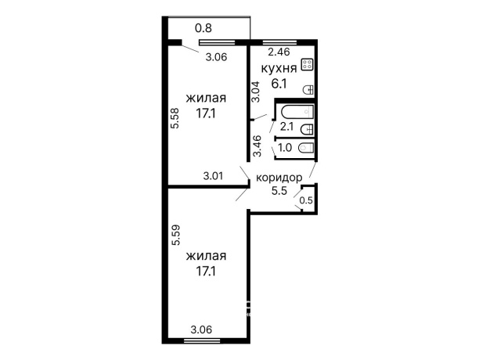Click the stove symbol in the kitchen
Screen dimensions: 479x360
tap(307, 64)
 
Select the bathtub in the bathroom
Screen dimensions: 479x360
tap(297, 112)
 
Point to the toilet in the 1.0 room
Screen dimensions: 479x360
tap(306, 148)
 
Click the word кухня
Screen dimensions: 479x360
tap(279, 68)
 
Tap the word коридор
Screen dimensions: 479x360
tap(279, 178)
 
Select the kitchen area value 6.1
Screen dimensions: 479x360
tap(279, 83)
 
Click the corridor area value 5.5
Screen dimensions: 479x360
tap(279, 191)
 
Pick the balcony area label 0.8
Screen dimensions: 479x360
tap(203, 28)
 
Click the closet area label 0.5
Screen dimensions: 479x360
tap(306, 200)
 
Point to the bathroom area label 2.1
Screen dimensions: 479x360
tap(286, 126)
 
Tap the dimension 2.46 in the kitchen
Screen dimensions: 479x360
tap(279, 52)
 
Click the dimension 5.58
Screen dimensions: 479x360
tap(175, 118)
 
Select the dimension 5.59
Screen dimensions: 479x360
tap(175, 235)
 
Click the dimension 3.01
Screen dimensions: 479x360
tap(213, 176)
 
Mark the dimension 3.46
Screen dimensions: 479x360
tap(258, 146)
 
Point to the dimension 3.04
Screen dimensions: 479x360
tap(255, 92)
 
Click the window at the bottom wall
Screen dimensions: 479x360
tap(202, 340)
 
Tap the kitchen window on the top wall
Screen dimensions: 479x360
tap(280, 42)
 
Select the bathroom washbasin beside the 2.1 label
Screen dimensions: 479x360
tap(307, 129)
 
